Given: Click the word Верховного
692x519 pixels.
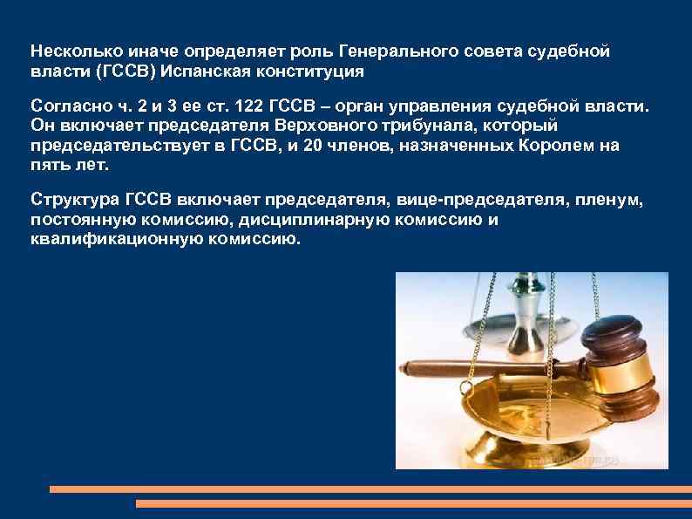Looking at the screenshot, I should (x=298, y=126).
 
